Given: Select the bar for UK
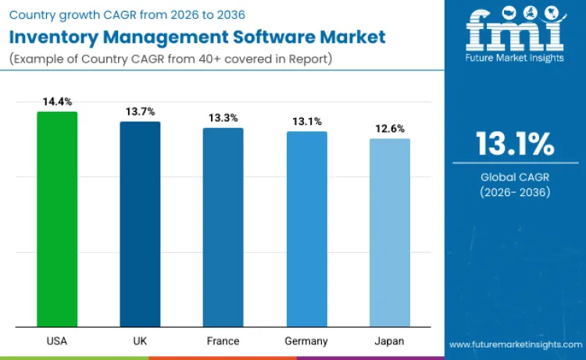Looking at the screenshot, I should [x=140, y=224].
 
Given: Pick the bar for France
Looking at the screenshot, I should [x=223, y=227].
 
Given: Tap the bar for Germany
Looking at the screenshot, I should [x=306, y=229].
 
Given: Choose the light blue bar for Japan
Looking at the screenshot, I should [x=390, y=233].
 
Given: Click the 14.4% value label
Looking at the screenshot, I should [x=57, y=102].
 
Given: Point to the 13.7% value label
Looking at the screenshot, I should [x=141, y=112].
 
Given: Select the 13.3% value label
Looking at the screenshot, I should [x=223, y=118].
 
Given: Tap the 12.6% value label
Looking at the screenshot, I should [x=390, y=129].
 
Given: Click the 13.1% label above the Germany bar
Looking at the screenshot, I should [x=306, y=121].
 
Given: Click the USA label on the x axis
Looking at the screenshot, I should [x=57, y=341].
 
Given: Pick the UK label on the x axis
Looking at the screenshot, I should [x=140, y=341].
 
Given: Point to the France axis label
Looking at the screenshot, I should [x=223, y=341].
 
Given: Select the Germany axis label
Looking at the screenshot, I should [x=306, y=341].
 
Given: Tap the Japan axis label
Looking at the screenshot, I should [x=390, y=341].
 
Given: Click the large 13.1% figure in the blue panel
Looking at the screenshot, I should [x=515, y=144].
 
